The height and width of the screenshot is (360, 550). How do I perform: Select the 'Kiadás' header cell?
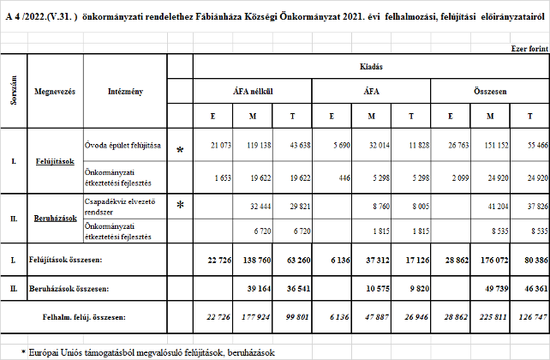point(371,65)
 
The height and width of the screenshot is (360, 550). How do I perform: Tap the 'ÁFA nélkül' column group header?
point(253,91)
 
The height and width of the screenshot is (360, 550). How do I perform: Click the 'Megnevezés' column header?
point(55,90)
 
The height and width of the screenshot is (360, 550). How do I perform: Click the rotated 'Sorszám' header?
point(15,90)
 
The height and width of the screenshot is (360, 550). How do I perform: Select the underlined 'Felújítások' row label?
point(55,160)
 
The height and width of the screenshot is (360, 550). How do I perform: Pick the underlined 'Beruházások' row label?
point(55,218)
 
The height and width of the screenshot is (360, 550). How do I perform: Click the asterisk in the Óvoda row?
point(180,150)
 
